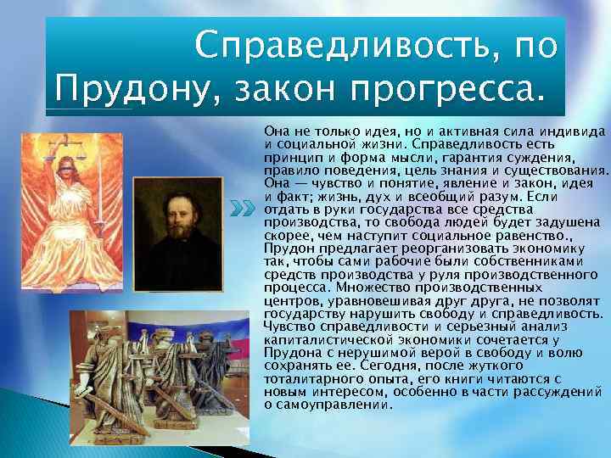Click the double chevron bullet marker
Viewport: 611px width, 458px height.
pyautogui.click(x=244, y=208)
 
